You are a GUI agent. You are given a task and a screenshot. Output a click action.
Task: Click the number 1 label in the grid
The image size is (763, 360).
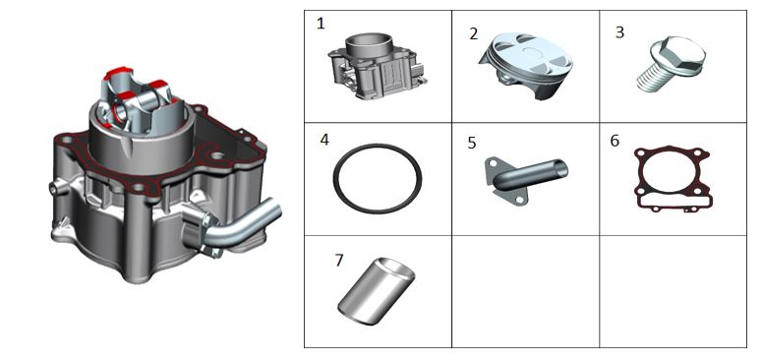click(321, 24)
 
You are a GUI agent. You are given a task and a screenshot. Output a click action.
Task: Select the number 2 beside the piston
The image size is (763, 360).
click(474, 34)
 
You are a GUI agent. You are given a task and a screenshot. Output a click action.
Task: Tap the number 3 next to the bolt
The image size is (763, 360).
click(619, 32)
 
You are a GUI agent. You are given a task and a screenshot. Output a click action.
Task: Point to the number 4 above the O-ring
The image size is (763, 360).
click(324, 140)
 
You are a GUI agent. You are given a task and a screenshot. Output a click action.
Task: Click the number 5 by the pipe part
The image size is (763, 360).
click(472, 143)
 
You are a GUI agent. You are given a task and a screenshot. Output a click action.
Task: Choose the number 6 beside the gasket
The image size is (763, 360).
click(615, 141)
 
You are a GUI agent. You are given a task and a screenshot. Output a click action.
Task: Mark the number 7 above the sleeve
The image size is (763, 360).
click(338, 261)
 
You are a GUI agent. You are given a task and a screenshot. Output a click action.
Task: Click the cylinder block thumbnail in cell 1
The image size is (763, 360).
click(379, 66)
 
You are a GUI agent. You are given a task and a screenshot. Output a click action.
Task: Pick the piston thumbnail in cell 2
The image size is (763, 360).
click(525, 65)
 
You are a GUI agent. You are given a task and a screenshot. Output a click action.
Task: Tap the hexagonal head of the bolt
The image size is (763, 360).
click(679, 54)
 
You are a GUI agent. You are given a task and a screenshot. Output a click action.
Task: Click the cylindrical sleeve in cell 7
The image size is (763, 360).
click(377, 291)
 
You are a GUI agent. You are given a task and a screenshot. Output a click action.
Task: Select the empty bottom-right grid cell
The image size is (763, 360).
click(673, 291)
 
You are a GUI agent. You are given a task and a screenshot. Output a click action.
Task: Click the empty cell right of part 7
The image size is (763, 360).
click(525, 291)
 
